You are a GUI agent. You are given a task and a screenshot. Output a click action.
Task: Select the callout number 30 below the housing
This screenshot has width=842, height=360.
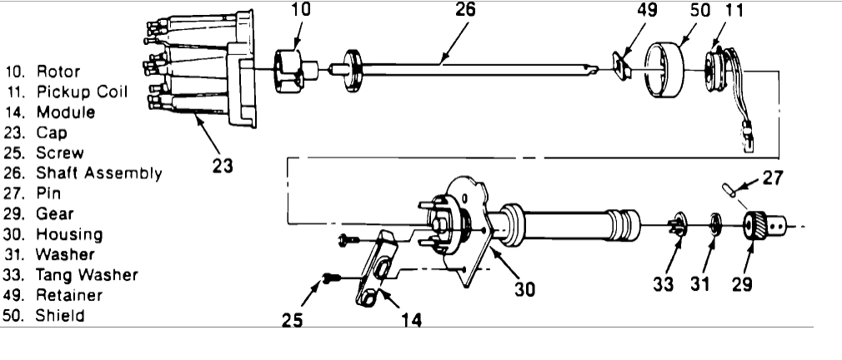(524, 289)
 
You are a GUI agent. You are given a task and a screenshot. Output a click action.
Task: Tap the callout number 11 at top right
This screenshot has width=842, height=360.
(736, 12)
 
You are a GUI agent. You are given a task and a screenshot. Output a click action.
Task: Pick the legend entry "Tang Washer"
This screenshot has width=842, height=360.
(87, 274)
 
